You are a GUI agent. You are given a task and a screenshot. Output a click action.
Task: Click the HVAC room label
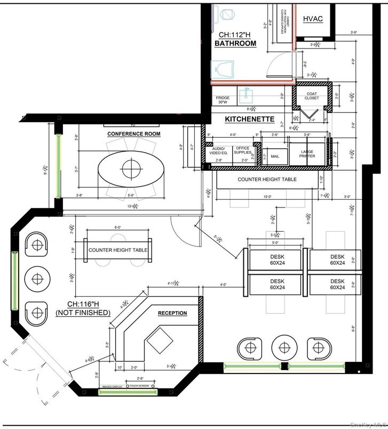pyautogui.click(x=313, y=19)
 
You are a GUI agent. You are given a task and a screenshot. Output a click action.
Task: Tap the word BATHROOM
pyautogui.click(x=235, y=43)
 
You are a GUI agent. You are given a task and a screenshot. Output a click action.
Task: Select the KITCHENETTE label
pyautogui.click(x=249, y=119)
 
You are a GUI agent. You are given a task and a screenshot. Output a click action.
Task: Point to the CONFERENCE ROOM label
pyautogui.click(x=133, y=133)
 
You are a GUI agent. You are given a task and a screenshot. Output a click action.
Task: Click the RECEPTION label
pyautogui.click(x=172, y=313)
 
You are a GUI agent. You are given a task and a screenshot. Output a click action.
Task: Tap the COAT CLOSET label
pyautogui.click(x=312, y=96)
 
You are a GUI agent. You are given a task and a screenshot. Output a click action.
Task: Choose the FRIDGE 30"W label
pyautogui.click(x=223, y=101)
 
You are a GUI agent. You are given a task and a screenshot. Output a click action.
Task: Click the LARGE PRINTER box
pyautogui.click(x=307, y=154)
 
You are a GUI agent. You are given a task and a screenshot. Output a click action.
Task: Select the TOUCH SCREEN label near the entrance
pyautogui.click(x=138, y=385)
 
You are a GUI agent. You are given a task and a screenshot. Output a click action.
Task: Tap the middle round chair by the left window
pyautogui.click(x=37, y=278)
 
